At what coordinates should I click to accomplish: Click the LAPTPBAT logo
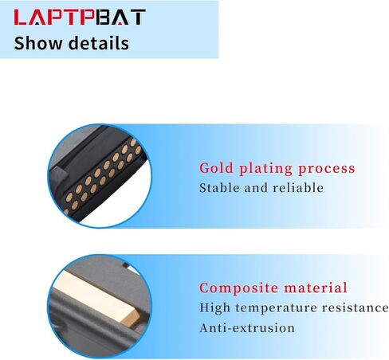(80, 17)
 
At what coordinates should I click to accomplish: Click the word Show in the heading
(37, 43)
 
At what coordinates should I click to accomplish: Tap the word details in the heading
(99, 43)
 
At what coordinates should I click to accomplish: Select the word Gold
(216, 168)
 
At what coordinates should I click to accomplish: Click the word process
(327, 170)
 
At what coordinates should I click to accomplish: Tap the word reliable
(298, 188)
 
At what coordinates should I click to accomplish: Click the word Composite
(239, 288)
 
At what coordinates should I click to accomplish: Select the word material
(316, 288)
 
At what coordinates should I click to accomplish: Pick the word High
(214, 308)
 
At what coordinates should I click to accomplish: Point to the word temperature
(276, 308)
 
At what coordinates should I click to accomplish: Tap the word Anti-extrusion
(247, 328)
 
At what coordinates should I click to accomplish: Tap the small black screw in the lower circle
(126, 265)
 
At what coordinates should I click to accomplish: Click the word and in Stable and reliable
(256, 188)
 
